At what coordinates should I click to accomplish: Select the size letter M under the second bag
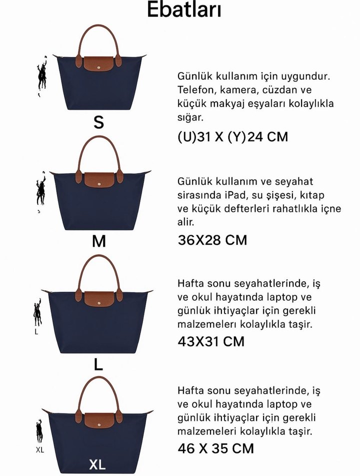[x=99, y=242]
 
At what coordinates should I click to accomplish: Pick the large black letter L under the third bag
[x=98, y=365]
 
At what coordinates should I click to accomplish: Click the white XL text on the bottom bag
[x=97, y=465]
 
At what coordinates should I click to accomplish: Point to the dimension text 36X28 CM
[x=212, y=240]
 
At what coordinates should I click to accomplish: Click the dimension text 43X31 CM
[x=211, y=342]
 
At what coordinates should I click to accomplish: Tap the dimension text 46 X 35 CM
[x=215, y=448]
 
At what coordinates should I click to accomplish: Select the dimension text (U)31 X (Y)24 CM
[x=232, y=136]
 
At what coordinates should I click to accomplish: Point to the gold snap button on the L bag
[x=98, y=302]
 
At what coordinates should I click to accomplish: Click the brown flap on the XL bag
[x=98, y=419]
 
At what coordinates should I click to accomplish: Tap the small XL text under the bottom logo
[x=40, y=450]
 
